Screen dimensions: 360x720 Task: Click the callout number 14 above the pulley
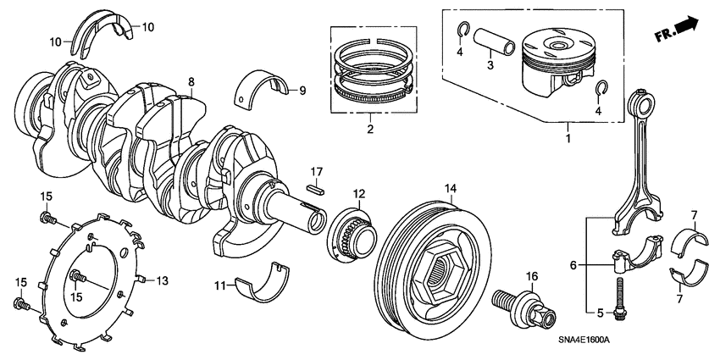click(x=451, y=187)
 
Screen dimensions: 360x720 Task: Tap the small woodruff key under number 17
click(x=316, y=190)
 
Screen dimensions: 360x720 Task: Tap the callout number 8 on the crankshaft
click(x=191, y=82)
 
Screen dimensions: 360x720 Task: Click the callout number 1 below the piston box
click(x=569, y=136)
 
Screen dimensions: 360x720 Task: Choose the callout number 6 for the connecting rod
click(x=574, y=265)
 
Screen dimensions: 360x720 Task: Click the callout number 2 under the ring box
click(x=369, y=130)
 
